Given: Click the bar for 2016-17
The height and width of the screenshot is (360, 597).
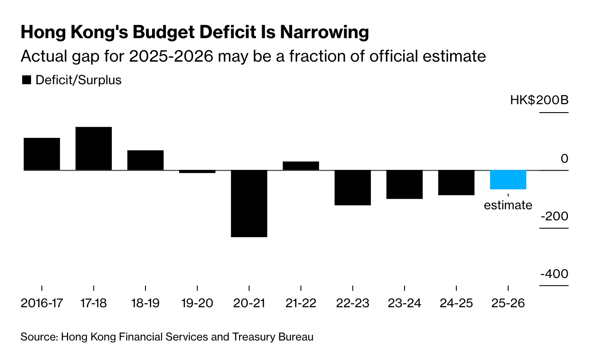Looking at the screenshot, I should click(42, 154).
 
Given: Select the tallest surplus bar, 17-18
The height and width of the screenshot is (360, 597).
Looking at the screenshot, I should click(94, 149).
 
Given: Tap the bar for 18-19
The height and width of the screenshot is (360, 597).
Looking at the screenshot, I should click(145, 160).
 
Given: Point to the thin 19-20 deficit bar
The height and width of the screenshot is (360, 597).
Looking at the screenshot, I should click(197, 172).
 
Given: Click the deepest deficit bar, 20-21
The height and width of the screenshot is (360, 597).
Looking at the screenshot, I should click(249, 203).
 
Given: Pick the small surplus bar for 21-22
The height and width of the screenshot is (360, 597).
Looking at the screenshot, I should click(301, 166).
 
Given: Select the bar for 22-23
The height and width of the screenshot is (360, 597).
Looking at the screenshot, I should click(353, 188).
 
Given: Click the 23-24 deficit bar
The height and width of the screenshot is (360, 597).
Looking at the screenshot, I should click(405, 184).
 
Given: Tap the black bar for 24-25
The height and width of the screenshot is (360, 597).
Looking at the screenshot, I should click(456, 183).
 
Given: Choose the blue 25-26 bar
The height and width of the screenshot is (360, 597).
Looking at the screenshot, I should click(508, 180).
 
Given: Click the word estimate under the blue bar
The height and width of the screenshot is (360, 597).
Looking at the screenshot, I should click(508, 205).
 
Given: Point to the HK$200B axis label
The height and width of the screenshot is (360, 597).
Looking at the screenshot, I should click(539, 101).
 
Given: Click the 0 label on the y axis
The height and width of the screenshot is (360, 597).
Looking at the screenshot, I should click(564, 159).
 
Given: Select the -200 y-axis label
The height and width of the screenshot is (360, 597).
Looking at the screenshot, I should click(554, 217).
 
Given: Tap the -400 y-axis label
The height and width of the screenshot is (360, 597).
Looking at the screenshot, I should click(554, 274).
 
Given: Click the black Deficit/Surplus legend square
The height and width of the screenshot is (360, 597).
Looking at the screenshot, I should click(27, 80).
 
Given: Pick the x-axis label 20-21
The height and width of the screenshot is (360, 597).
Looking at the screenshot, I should click(249, 304).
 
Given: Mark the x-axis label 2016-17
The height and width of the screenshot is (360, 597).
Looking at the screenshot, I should click(42, 304).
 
